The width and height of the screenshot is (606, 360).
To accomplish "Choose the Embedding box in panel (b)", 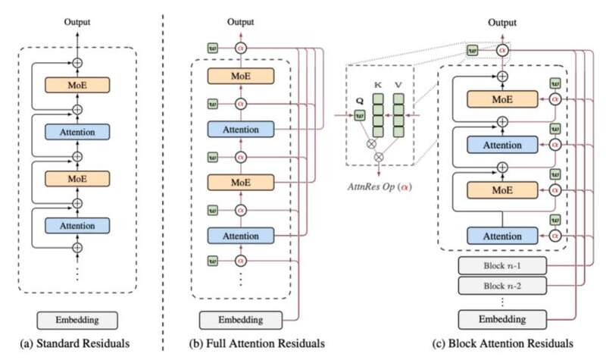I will (x=241, y=319).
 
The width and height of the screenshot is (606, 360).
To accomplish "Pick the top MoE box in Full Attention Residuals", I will (x=242, y=77).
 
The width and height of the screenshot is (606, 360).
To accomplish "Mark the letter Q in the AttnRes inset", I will (x=359, y=99).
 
